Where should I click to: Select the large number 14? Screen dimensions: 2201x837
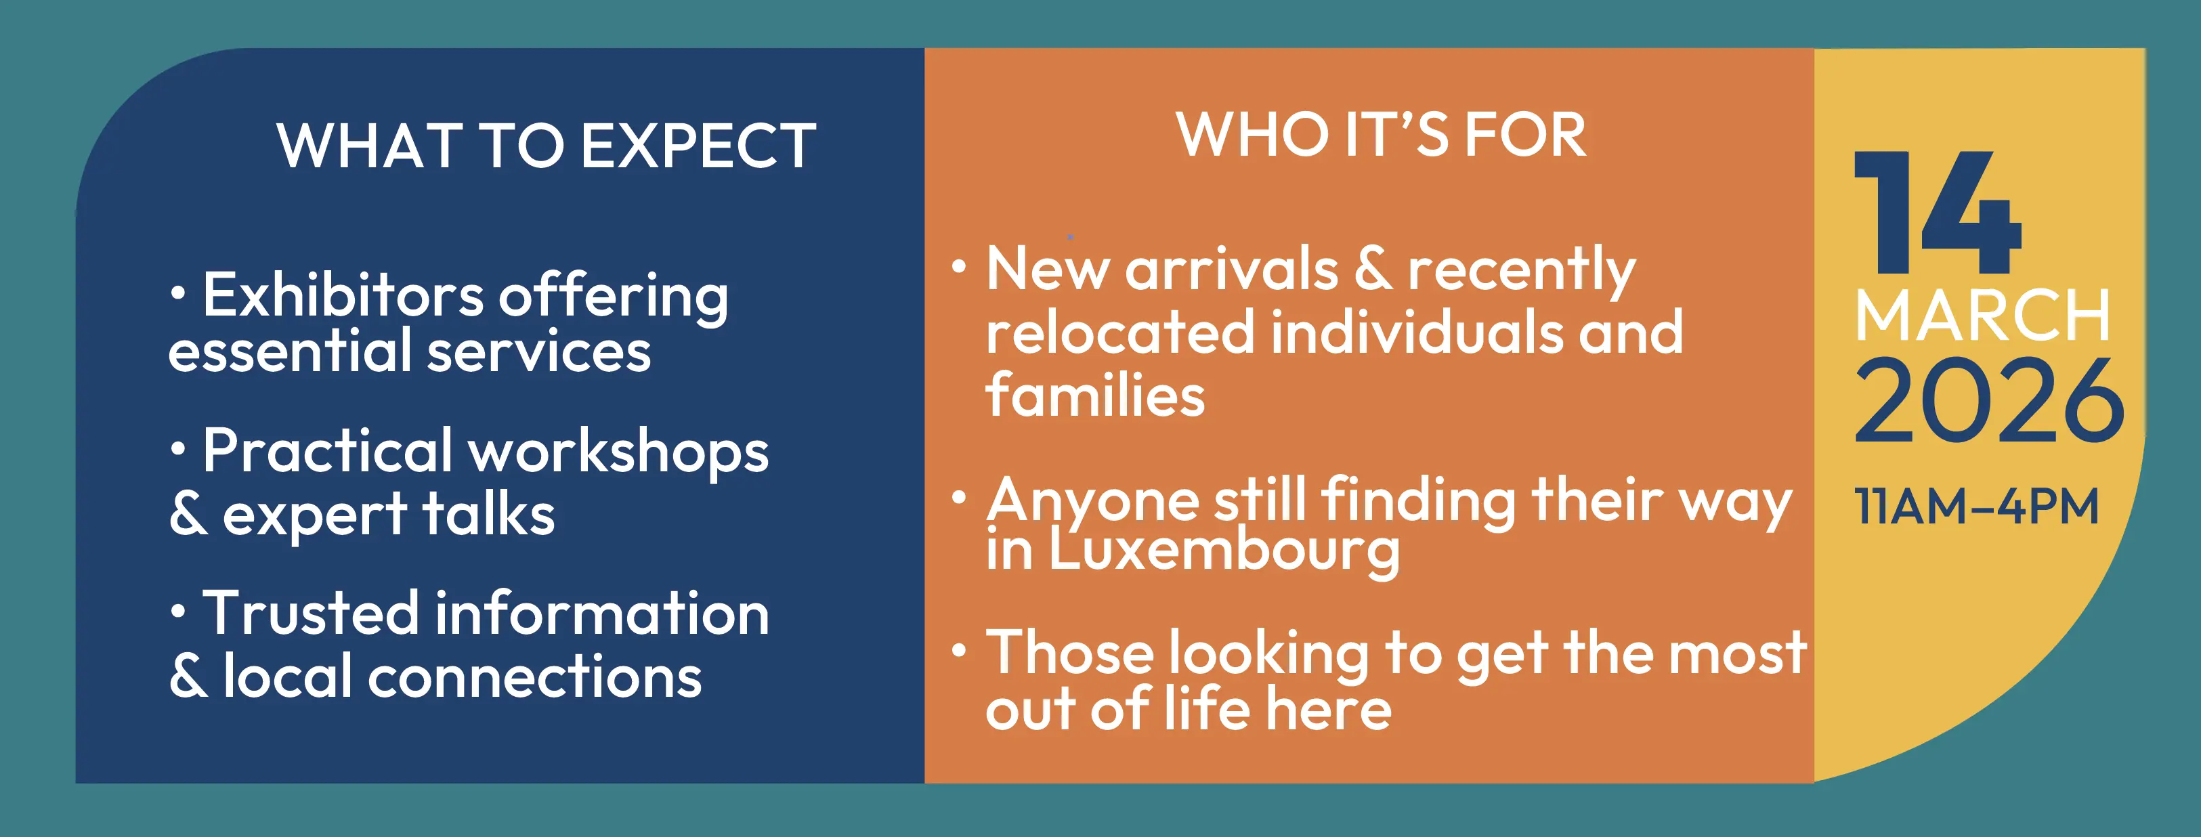point(1937,213)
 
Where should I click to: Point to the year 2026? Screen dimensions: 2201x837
point(1989,401)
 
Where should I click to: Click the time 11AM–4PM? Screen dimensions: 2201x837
point(1976,507)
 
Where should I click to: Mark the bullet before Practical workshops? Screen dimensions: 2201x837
point(177,449)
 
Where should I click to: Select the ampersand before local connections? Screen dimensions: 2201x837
point(188,676)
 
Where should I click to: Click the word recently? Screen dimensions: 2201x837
point(1522,272)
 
